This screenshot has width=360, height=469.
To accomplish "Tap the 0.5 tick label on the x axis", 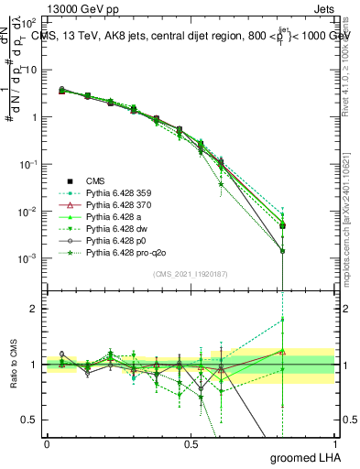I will click(x=191, y=444).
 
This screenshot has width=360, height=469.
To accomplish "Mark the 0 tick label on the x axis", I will click(x=47, y=444).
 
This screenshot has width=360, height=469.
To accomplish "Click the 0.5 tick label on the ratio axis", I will click(x=31, y=420).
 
